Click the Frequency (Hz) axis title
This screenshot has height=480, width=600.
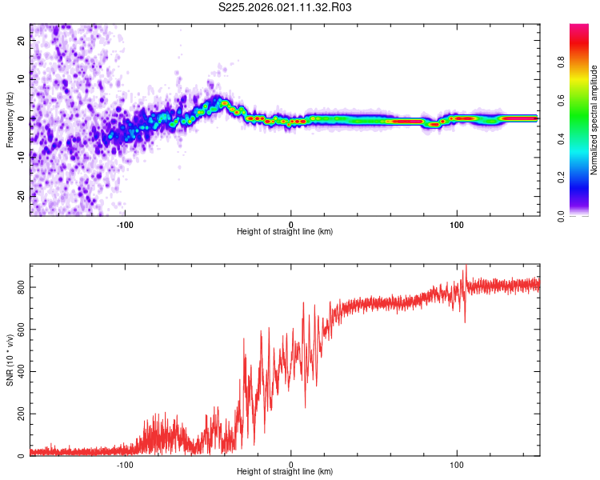pyautogui.click(x=10, y=119)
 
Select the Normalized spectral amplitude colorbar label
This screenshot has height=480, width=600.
pyautogui.click(x=594, y=120)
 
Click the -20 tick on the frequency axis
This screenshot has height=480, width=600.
pyautogui.click(x=22, y=196)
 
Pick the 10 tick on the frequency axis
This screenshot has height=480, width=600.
pyautogui.click(x=22, y=80)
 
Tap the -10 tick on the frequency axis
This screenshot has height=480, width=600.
pyautogui.click(x=22, y=158)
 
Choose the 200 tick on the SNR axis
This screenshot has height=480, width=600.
pyautogui.click(x=22, y=414)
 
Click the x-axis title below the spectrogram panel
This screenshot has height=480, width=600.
pyautogui.click(x=285, y=232)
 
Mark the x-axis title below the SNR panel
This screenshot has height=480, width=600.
pyautogui.click(x=285, y=473)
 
